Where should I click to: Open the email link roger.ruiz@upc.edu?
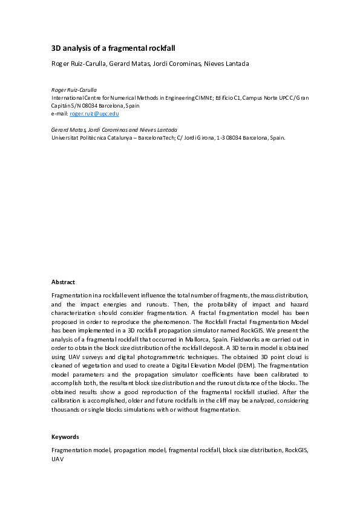(x=94, y=114)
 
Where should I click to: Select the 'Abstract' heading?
(x=64, y=282)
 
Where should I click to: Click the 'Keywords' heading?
(x=65, y=436)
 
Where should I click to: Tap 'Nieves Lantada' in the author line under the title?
(x=227, y=64)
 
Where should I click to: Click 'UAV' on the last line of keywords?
(x=57, y=459)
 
